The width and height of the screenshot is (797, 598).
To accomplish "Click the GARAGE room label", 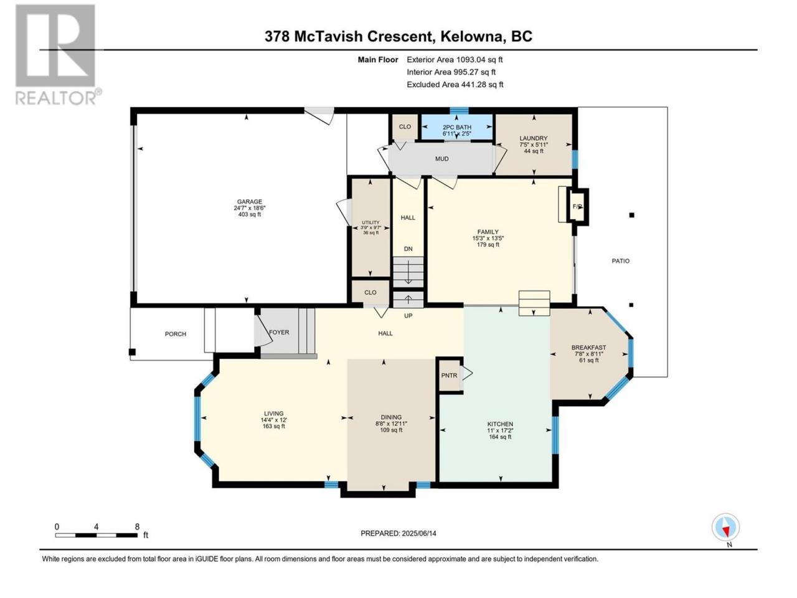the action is pyautogui.click(x=250, y=201).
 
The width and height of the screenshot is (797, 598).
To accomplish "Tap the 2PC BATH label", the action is pyautogui.click(x=457, y=127).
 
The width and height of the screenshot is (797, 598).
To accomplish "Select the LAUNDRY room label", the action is pyautogui.click(x=534, y=138).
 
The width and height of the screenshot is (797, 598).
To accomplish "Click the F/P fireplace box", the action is pyautogui.click(x=577, y=207).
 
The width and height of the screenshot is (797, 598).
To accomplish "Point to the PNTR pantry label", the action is pyautogui.click(x=449, y=376).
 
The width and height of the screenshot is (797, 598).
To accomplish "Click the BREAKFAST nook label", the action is pyautogui.click(x=588, y=348).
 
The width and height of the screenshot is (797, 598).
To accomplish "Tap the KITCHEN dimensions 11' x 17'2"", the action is pyautogui.click(x=500, y=430).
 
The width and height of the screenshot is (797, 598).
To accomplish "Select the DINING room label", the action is pyautogui.click(x=391, y=417).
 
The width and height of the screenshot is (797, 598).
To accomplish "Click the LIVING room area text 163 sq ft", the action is pyautogui.click(x=274, y=426).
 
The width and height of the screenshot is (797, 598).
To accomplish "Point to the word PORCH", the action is pyautogui.click(x=176, y=334).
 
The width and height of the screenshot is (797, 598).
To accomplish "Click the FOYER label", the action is pyautogui.click(x=279, y=332).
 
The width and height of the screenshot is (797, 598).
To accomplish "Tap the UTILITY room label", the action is pyautogui.click(x=370, y=222).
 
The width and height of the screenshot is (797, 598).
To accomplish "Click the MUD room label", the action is pyautogui.click(x=441, y=159).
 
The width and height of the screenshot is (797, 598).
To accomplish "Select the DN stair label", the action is pyautogui.click(x=408, y=249).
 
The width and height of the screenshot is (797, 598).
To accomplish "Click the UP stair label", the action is pyautogui.click(x=408, y=316).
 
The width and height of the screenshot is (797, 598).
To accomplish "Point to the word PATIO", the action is pyautogui.click(x=621, y=261).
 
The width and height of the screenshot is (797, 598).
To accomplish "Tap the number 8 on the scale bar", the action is pyautogui.click(x=137, y=526).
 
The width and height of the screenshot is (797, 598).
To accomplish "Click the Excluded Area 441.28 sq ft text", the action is pyautogui.click(x=455, y=85).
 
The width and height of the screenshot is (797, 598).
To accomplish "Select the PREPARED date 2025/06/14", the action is pyautogui.click(x=418, y=533).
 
